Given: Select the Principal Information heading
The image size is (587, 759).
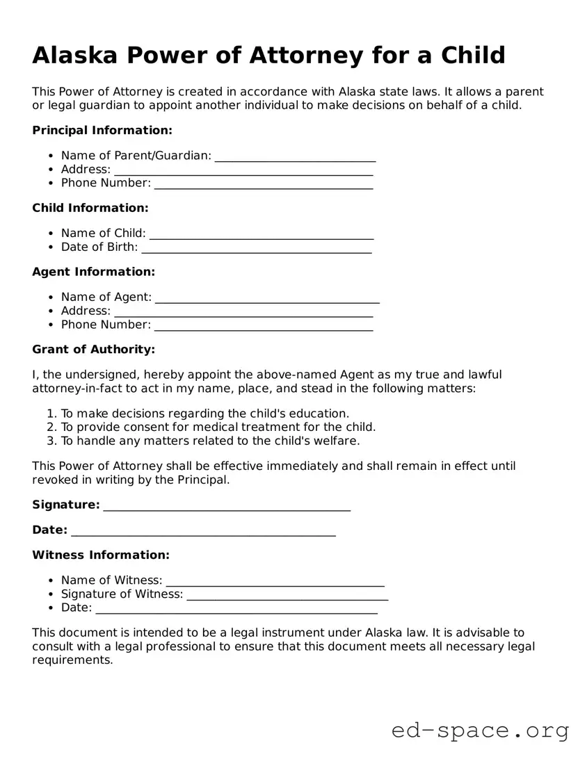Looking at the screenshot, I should coord(102,130).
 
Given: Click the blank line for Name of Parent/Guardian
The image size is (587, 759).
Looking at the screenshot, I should coord(295,157).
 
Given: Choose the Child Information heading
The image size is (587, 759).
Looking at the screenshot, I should coord(90,208).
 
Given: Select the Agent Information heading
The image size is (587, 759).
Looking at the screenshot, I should coord(93,272).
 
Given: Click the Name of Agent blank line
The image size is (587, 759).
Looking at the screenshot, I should coord(267,298).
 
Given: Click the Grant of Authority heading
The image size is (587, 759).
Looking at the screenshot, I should coord(93,350).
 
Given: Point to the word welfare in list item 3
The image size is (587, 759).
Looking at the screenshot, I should coord(335,441).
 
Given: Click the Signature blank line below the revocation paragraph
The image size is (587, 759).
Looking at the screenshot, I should coord(227,507).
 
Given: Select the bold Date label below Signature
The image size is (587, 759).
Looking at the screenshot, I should coord(49,530).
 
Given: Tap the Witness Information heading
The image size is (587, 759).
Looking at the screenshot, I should coord(100,555).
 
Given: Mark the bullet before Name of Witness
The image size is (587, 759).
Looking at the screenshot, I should coord(51,580).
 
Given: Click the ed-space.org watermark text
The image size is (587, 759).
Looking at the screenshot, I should coord(480,731).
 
